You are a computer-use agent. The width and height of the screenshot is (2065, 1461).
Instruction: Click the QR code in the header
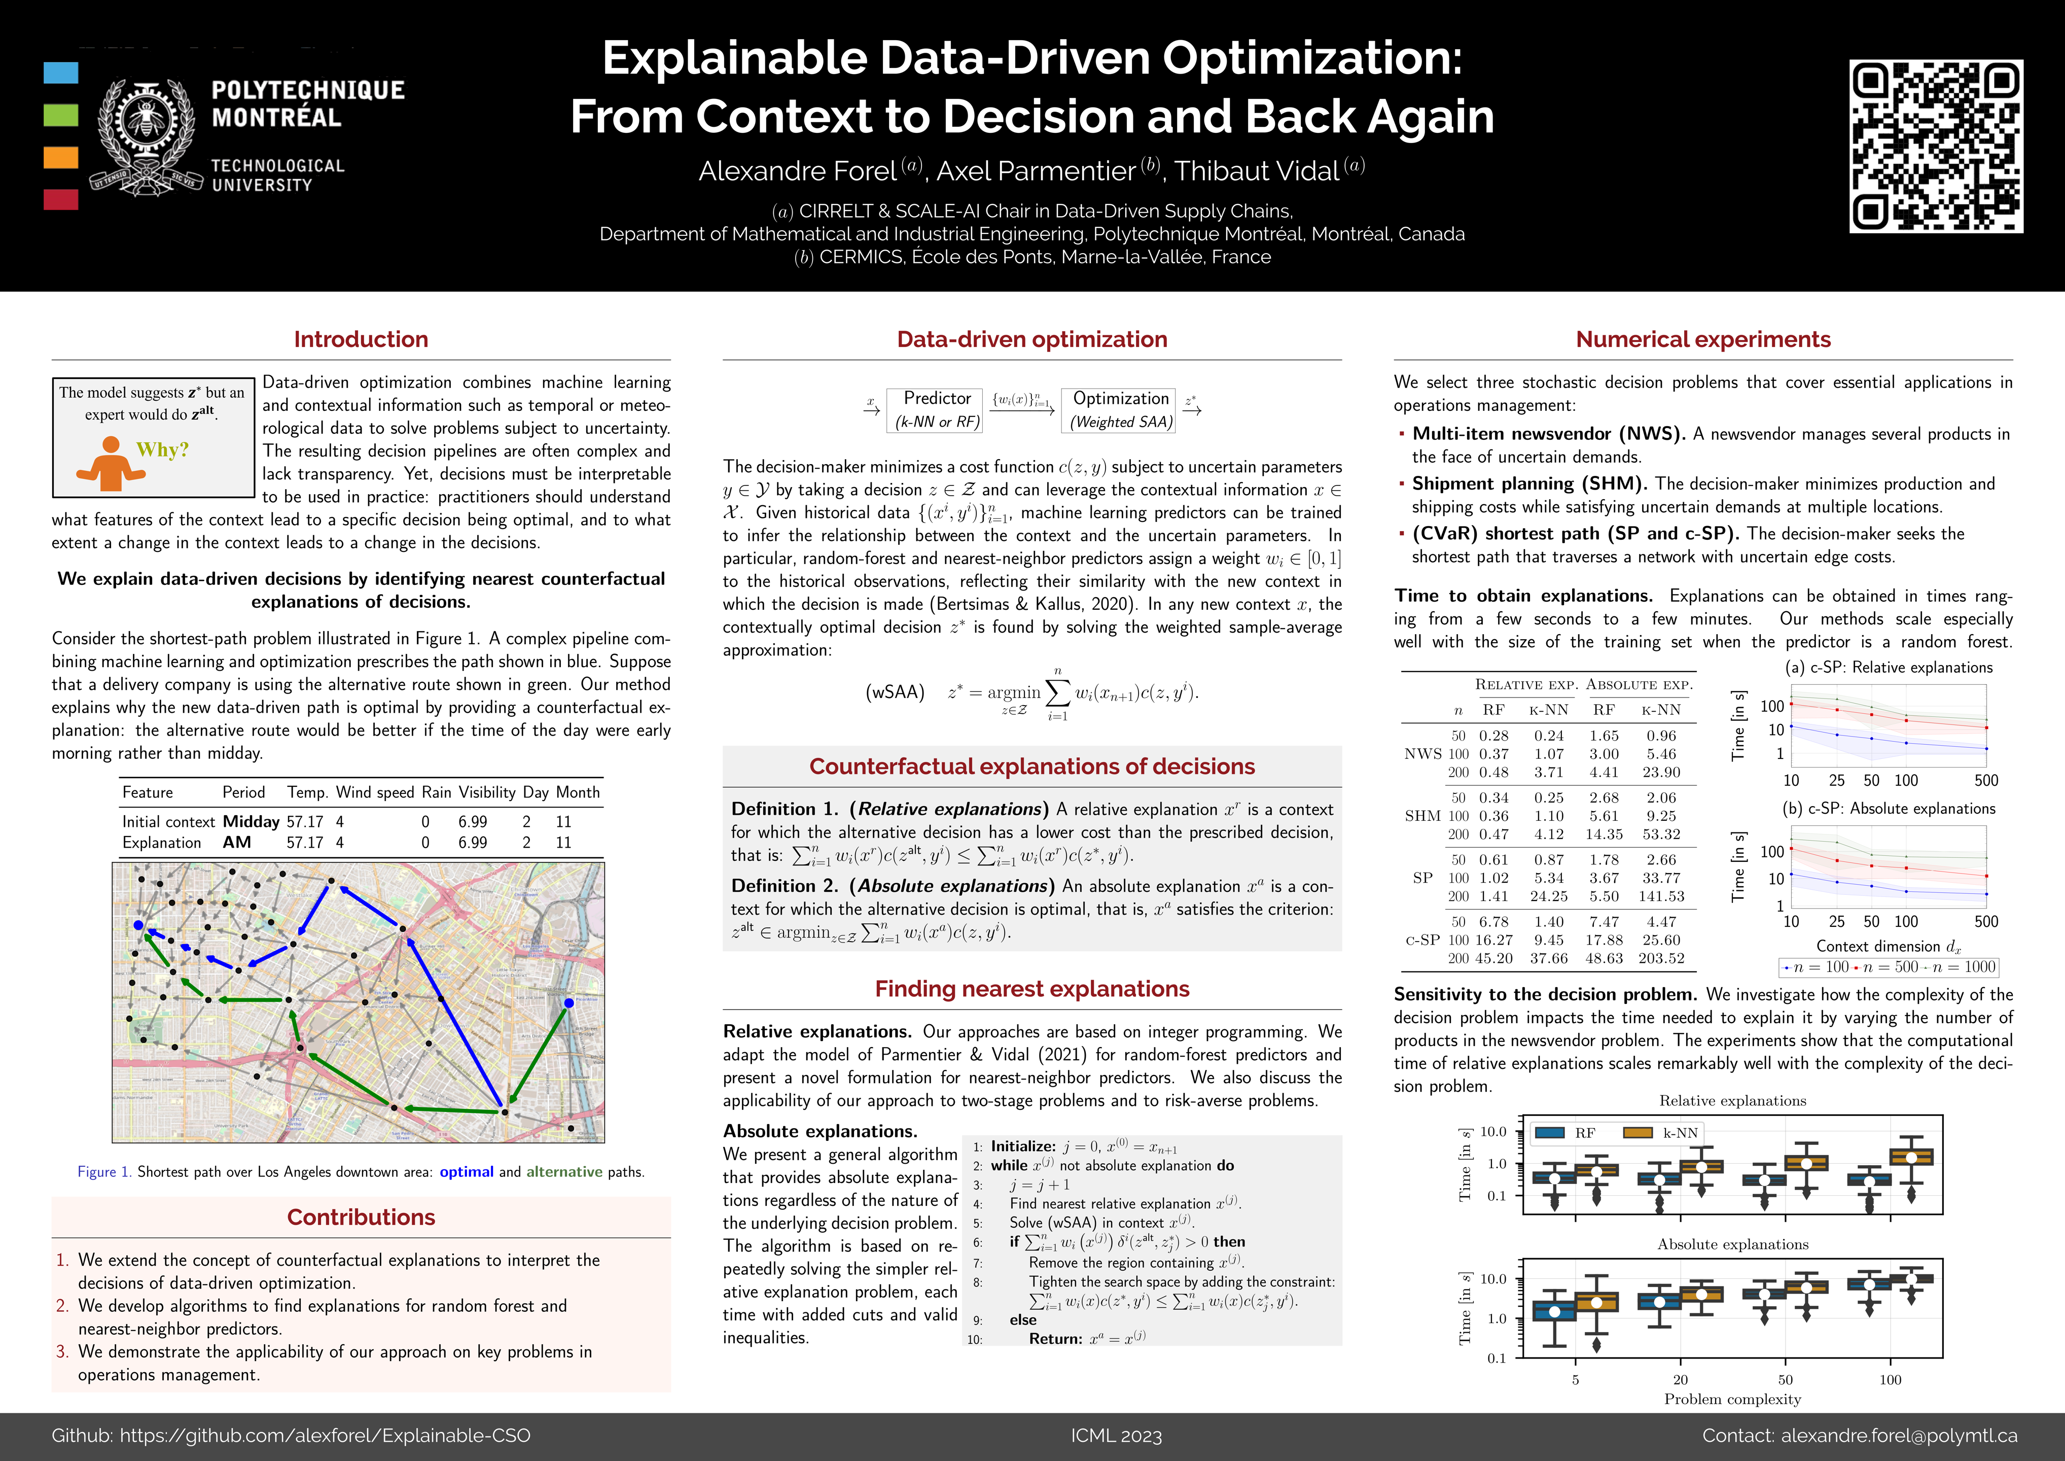(x=1936, y=147)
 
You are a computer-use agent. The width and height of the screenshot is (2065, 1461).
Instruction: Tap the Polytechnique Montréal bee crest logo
(x=146, y=132)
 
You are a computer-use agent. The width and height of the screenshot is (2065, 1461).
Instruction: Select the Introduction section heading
(x=361, y=339)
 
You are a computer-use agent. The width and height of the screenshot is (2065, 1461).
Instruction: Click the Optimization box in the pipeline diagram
(x=1121, y=409)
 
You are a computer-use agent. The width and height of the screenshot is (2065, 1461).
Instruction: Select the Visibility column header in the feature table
(x=486, y=792)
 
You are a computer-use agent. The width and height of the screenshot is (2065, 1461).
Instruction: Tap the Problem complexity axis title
(x=1732, y=1399)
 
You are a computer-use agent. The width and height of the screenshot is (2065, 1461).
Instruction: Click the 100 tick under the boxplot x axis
(x=1891, y=1380)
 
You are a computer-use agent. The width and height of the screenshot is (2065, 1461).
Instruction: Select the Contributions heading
(x=361, y=1217)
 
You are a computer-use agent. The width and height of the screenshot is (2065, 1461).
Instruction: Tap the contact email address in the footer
(x=1899, y=1436)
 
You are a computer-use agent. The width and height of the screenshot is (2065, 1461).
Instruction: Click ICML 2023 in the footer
(x=1116, y=1436)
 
